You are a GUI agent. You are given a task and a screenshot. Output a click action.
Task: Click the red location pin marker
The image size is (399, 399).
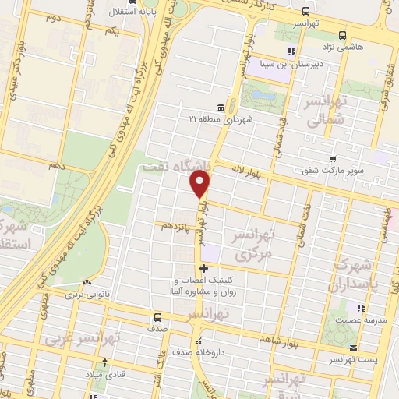[x=200, y=184]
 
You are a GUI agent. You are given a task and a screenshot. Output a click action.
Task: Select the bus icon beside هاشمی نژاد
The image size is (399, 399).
[x=343, y=35]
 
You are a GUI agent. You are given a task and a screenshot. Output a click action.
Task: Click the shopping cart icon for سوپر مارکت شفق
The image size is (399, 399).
[x=333, y=159]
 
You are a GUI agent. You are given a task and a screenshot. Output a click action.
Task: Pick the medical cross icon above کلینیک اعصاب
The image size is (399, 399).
[x=203, y=269]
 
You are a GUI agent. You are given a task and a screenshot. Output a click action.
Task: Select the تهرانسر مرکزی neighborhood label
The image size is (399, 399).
[x=245, y=245]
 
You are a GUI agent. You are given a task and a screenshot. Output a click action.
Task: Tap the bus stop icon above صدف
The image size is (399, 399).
[x=158, y=318]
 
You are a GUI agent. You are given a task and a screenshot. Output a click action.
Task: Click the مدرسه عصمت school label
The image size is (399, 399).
[x=358, y=320]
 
